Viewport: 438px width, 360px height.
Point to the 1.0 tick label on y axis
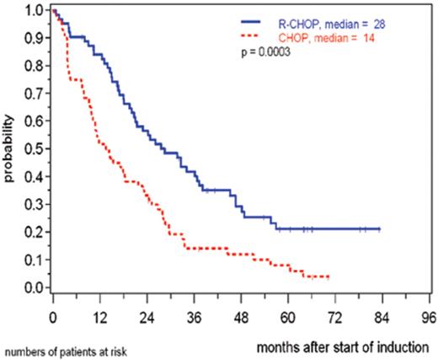[x=32, y=10]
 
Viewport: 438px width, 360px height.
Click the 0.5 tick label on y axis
[x=32, y=148]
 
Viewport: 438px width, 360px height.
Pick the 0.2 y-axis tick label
[x=32, y=232]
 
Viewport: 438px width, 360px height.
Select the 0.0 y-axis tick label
[x=32, y=288]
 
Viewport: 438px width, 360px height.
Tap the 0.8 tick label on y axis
[x=32, y=65]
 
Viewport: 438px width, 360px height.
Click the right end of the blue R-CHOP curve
[x=380, y=228]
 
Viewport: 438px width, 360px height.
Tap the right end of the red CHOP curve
[x=328, y=277]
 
